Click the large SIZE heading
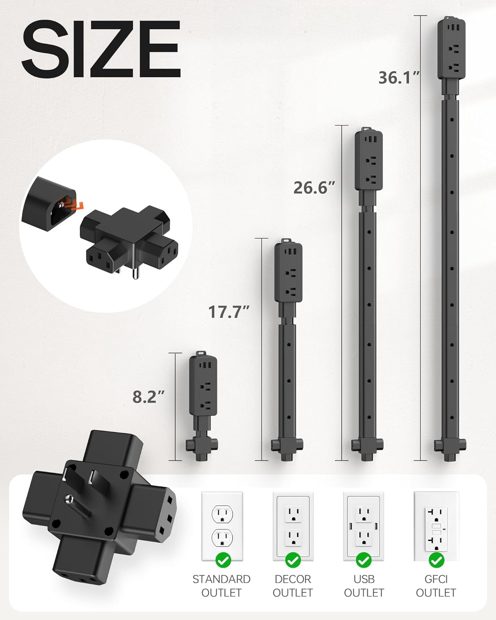(x=101, y=49)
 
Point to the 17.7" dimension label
(x=229, y=312)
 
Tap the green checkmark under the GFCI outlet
(x=436, y=560)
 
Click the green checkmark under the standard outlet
(x=223, y=560)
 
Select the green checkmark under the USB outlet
(x=364, y=560)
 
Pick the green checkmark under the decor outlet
(x=293, y=560)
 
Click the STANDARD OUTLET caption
(x=222, y=586)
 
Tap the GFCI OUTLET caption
(x=436, y=586)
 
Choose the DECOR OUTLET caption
(x=293, y=586)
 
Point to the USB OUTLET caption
(x=364, y=586)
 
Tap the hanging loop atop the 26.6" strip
(x=366, y=130)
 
